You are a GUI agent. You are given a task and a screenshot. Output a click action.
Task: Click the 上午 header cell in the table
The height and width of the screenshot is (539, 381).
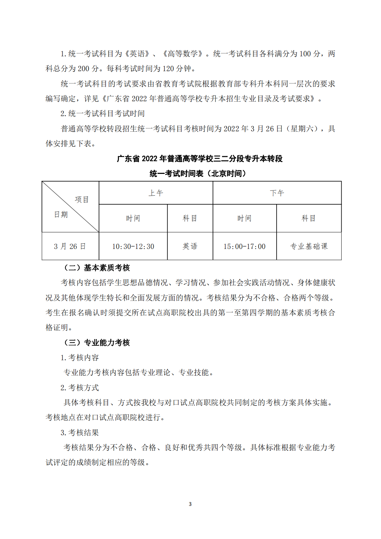(156, 193)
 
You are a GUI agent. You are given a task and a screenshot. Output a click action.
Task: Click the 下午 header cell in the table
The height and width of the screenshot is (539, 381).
(277, 193)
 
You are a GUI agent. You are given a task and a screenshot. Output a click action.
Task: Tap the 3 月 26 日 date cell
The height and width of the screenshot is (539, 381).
(70, 247)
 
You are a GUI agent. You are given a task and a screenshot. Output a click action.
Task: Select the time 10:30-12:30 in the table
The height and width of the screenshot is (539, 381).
(133, 247)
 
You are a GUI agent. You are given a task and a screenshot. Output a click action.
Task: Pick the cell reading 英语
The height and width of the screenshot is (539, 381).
(190, 246)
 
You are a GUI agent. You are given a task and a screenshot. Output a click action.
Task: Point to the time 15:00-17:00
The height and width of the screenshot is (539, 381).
(244, 247)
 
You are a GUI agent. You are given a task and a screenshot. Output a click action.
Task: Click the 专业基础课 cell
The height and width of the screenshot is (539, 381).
(309, 246)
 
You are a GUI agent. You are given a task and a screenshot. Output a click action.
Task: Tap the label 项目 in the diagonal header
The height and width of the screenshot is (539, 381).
(82, 199)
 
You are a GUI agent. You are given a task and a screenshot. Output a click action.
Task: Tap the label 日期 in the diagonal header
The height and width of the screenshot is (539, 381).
(61, 215)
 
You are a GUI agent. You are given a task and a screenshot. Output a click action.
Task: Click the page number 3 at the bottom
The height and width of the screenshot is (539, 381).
(190, 504)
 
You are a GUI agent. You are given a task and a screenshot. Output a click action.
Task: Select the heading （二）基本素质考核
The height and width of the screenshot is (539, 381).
(97, 268)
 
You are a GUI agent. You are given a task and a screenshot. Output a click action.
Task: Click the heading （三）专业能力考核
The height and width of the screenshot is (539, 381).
(97, 343)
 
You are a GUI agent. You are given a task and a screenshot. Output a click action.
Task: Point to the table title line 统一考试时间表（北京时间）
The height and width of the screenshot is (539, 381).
(198, 174)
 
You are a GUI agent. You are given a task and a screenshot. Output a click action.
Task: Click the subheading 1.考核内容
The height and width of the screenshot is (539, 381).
(80, 357)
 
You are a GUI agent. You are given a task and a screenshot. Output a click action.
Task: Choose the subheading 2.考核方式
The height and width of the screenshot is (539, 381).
(80, 388)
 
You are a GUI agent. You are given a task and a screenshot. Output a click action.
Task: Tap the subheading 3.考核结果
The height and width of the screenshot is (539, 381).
(80, 433)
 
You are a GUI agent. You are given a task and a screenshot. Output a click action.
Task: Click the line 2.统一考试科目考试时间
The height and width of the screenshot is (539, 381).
(102, 114)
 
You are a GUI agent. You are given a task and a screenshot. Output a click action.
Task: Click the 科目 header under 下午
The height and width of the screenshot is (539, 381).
(309, 219)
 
